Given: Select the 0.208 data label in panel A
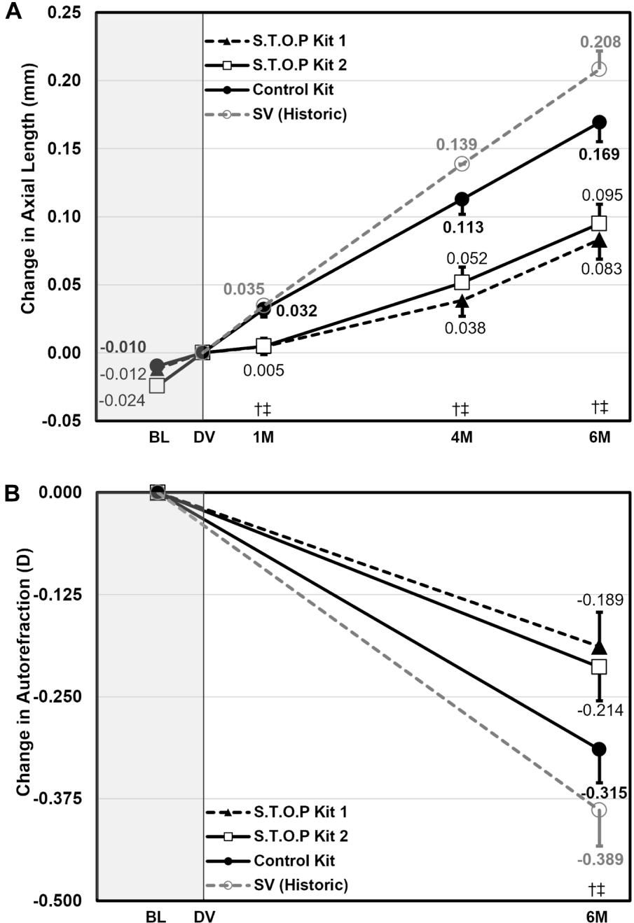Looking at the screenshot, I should (x=600, y=43).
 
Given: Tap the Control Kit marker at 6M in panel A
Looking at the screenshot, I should (x=600, y=122).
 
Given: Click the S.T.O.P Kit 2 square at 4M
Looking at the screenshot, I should (x=462, y=282).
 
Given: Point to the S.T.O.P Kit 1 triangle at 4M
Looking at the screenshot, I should (x=462, y=302).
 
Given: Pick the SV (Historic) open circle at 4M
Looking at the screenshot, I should (x=462, y=164).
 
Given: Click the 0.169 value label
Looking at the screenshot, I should (x=600, y=155).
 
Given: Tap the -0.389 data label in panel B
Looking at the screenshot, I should (x=600, y=859).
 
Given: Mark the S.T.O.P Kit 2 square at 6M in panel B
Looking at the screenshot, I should (x=599, y=667).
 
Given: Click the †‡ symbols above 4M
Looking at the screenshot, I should (x=462, y=408).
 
